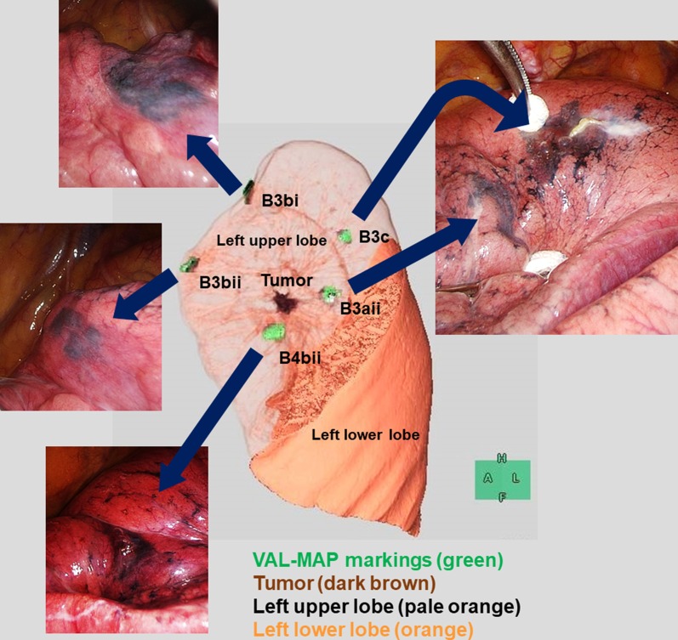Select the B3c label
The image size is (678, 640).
(373, 237)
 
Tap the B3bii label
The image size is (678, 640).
(220, 281)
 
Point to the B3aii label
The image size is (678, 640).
(361, 309)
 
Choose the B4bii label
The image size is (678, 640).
(300, 358)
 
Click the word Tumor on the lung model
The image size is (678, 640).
(287, 280)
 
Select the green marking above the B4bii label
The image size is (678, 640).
(274, 331)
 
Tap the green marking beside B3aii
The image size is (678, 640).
(328, 293)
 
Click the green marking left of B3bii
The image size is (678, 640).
(188, 264)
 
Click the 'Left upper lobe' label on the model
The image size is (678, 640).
(271, 241)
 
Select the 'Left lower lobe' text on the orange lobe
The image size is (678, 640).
(365, 434)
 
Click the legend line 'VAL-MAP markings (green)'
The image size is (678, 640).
(378, 560)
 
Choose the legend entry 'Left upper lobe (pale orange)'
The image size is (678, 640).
(386, 606)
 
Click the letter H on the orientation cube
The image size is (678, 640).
(502, 458)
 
